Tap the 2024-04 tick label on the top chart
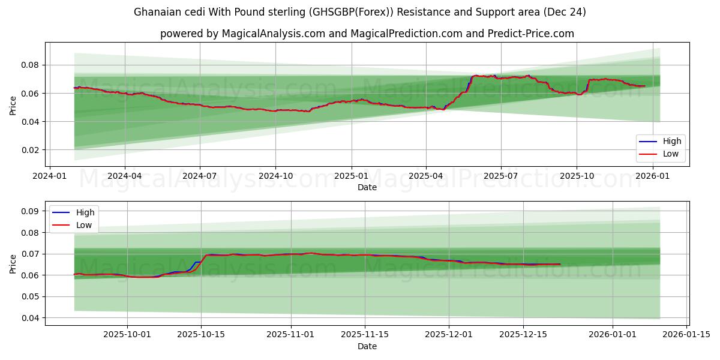pyautogui.click(x=125, y=177)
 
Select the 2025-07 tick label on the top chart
pyautogui.click(x=500, y=177)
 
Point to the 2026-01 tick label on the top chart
pyautogui.click(x=652, y=177)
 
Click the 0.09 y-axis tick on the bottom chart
pyautogui.click(x=31, y=211)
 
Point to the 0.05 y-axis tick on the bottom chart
pyautogui.click(x=31, y=296)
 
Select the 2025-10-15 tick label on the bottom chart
pyautogui.click(x=201, y=335)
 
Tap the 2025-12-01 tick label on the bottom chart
pyautogui.click(x=449, y=335)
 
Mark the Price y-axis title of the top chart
pyautogui.click(x=13, y=106)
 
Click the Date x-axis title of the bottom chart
pyautogui.click(x=367, y=346)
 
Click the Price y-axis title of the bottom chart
pyautogui.click(x=13, y=263)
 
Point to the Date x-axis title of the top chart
pyautogui.click(x=367, y=187)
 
